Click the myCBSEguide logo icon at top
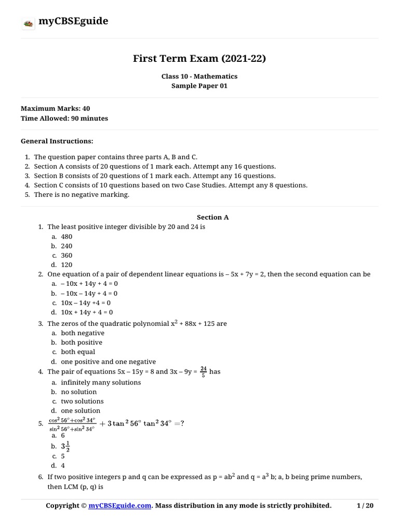click(28, 22)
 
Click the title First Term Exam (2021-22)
click(199, 59)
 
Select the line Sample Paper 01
click(199, 86)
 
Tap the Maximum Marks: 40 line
click(55, 109)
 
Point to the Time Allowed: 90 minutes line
click(64, 118)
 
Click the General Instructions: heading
click(57, 141)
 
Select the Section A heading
click(212, 218)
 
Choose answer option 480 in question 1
click(66, 236)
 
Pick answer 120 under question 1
click(66, 264)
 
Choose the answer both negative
click(83, 333)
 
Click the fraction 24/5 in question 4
click(203, 371)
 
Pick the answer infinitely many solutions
click(101, 382)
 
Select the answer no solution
click(79, 392)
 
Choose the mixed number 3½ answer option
click(65, 446)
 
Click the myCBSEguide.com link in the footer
click(120, 506)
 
